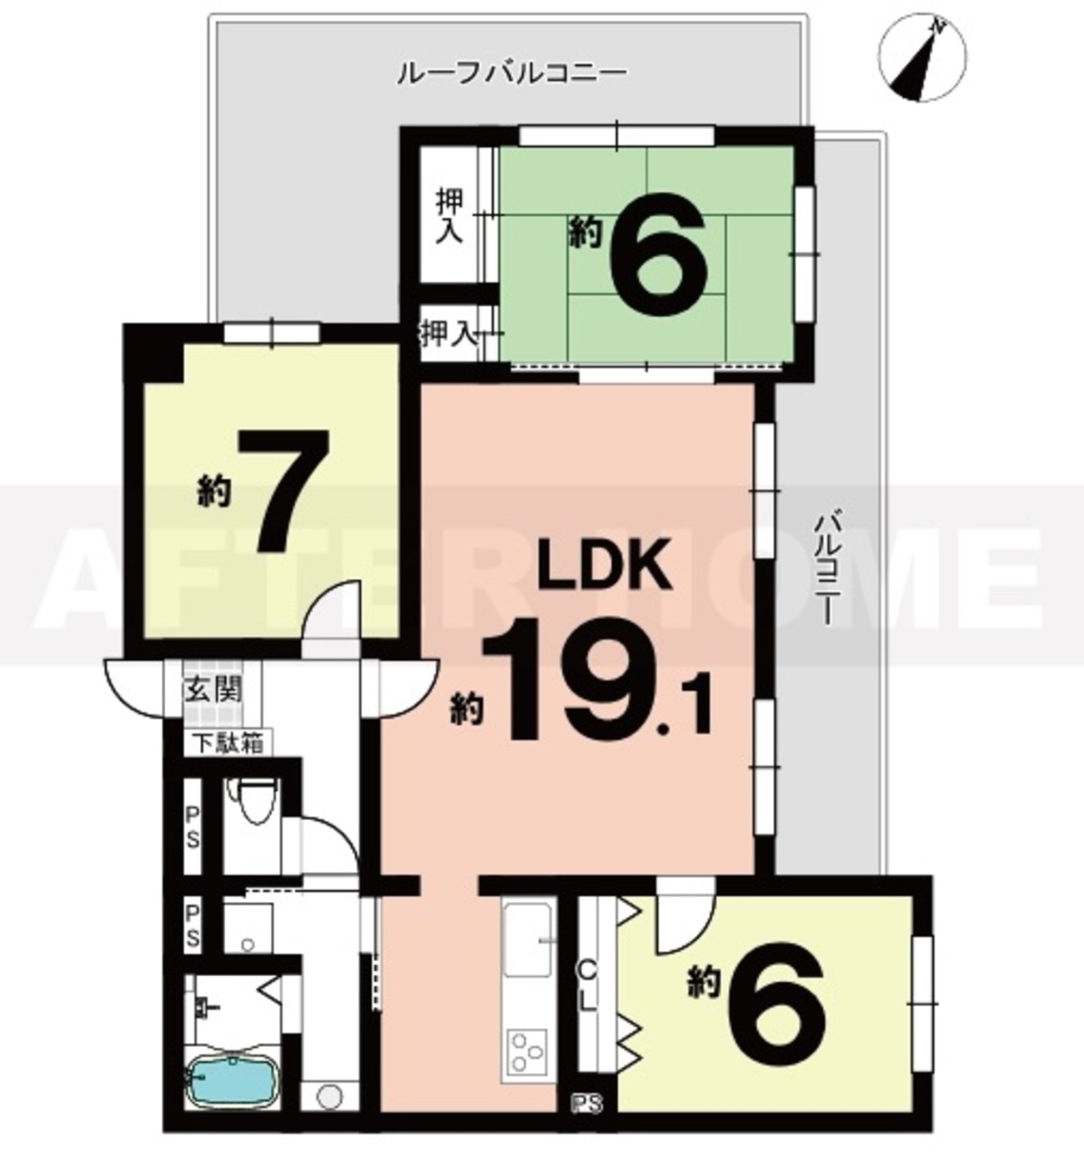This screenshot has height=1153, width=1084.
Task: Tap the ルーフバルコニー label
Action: (x=512, y=73)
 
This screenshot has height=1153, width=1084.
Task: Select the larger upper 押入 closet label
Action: (x=449, y=216)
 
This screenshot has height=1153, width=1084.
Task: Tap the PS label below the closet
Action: (x=587, y=1102)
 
